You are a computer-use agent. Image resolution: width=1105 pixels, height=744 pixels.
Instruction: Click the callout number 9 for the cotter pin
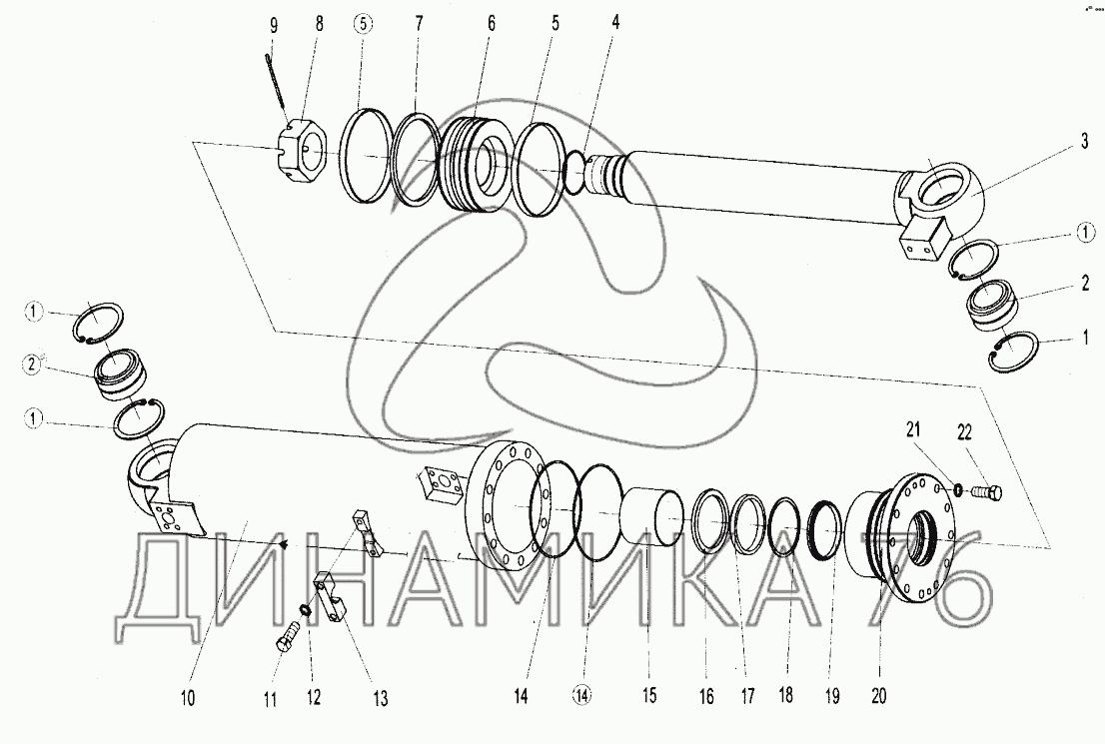tap(274, 26)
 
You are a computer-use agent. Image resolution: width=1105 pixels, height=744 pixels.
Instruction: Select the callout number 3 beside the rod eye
tap(1085, 143)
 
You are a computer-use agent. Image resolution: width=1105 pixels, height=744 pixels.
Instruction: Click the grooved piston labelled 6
tap(475, 164)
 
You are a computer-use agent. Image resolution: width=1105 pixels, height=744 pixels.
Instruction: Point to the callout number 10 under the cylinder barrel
tap(187, 699)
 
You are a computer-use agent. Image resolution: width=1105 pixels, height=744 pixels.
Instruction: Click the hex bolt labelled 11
tap(286, 637)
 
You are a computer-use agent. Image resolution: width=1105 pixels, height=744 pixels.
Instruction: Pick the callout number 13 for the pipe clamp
tap(380, 699)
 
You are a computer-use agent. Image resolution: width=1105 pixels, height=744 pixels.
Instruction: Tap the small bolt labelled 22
tap(988, 492)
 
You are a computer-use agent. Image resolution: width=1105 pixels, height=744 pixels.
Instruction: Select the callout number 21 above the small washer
tap(913, 429)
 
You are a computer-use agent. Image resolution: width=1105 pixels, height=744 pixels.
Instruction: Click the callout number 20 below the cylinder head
tap(879, 696)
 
